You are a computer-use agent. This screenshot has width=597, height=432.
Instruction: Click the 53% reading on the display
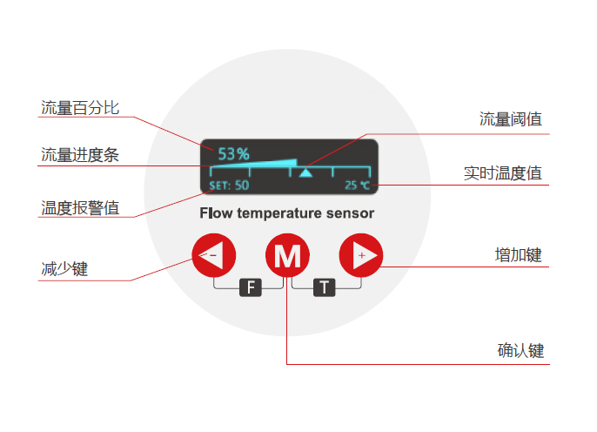[233, 153]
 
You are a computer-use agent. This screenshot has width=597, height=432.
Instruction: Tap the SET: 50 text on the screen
[229, 185]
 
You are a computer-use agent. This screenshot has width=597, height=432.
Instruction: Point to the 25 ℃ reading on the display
[357, 185]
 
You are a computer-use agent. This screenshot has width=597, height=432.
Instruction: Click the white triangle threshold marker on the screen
[305, 172]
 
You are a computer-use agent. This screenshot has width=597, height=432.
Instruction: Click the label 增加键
[518, 255]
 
